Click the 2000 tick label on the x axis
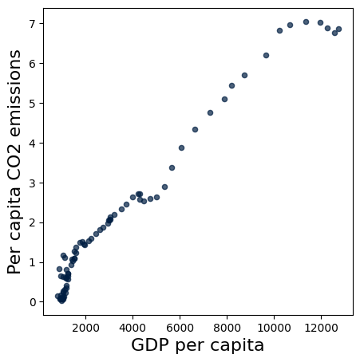pos(85,327)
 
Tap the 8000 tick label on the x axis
pos(227,327)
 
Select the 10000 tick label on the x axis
pos(274,327)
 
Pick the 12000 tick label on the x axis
pos(321,327)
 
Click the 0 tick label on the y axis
pos(33,302)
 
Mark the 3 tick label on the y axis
pos(33,183)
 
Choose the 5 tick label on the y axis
pos(33,103)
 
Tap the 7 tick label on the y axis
pos(33,23)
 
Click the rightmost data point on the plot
pos(338,29)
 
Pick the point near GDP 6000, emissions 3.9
pos(181,148)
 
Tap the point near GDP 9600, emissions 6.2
pos(266,55)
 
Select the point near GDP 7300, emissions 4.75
pos(210,112)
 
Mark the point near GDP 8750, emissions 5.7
pos(244,75)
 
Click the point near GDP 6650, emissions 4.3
pos(195,129)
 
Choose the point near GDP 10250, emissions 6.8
pos(279,30)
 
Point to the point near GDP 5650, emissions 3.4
pos(172,167)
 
